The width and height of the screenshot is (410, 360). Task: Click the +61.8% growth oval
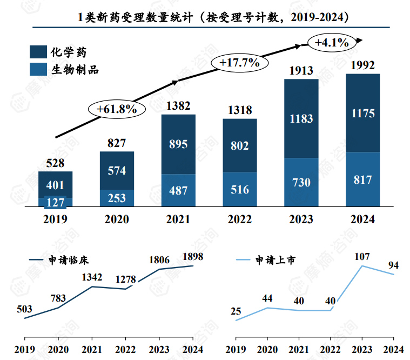(x=117, y=108)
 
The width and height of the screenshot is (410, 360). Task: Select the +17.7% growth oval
(x=239, y=62)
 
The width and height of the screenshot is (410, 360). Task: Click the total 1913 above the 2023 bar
(x=301, y=70)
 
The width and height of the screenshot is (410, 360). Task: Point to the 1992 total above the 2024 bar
(x=362, y=65)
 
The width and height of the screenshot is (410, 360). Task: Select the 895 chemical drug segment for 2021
(x=178, y=144)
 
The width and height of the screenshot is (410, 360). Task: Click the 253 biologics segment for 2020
(x=117, y=198)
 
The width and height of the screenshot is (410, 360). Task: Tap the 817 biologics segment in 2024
(x=362, y=179)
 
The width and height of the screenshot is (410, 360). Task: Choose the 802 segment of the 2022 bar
(x=239, y=145)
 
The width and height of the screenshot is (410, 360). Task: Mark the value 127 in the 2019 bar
(x=55, y=202)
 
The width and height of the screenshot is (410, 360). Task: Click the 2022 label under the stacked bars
(x=239, y=219)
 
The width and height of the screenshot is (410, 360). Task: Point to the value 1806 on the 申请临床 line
(x=159, y=260)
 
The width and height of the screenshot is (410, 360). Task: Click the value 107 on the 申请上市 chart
(x=362, y=256)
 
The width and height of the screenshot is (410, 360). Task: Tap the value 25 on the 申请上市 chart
(x=236, y=311)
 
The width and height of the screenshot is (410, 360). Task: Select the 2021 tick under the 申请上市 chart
(x=299, y=348)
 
